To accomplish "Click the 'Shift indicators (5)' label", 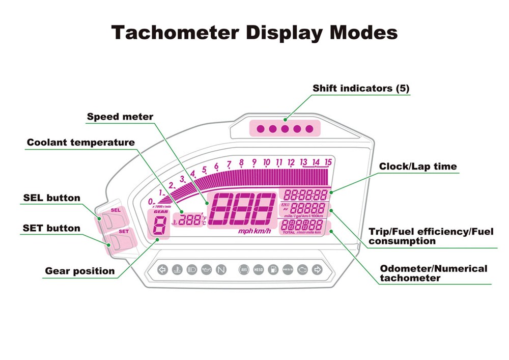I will click(361, 88).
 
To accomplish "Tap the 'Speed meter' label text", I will click(120, 117).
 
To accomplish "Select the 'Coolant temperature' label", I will click(81, 143).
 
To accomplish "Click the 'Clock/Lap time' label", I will click(418, 167).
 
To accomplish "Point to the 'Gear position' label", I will click(80, 271).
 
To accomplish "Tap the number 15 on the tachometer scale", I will click(328, 162).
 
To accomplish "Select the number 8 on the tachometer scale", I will click(241, 162).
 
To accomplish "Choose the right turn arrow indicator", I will click(317, 270).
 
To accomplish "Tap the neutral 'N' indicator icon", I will click(220, 270).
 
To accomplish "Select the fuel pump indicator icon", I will click(273, 270).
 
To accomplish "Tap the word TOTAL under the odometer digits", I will click(289, 232).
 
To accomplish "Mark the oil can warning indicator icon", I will click(206, 270).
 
